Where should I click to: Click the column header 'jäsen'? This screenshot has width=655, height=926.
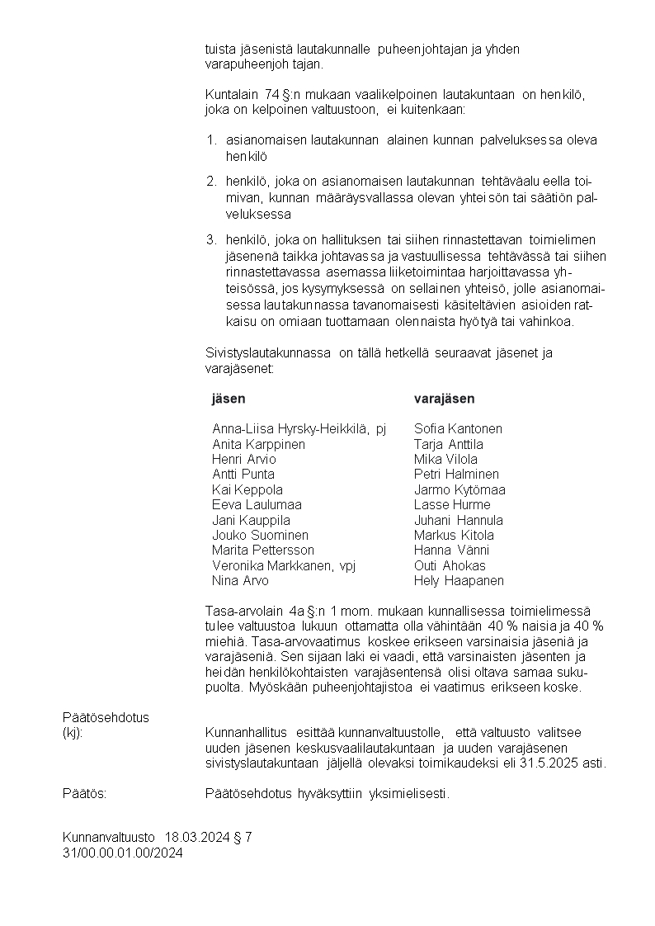(x=229, y=399)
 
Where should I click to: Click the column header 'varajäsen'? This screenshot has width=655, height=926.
(x=444, y=399)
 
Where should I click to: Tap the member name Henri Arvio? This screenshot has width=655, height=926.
(x=244, y=460)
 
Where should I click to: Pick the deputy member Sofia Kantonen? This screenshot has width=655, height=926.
(x=458, y=429)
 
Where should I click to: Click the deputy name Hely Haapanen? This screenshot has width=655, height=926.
(x=459, y=581)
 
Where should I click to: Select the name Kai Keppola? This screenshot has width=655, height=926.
(x=247, y=490)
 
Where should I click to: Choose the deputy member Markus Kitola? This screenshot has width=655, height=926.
(x=454, y=536)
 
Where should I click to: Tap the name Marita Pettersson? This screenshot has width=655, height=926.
(x=263, y=550)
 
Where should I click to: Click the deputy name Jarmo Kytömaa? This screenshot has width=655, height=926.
(x=459, y=490)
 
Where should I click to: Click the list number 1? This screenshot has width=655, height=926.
(x=211, y=140)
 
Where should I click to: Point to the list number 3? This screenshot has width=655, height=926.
(x=211, y=240)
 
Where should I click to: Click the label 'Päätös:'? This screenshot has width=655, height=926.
(x=85, y=794)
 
